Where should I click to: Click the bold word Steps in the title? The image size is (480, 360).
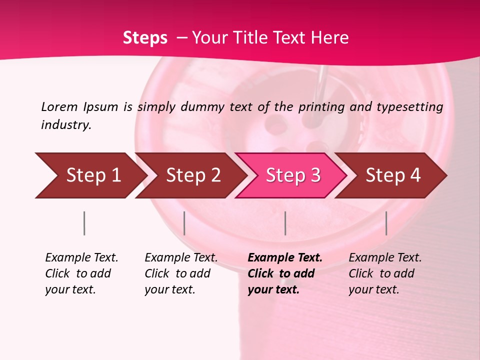[x=145, y=38]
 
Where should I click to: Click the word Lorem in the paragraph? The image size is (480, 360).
[x=59, y=106]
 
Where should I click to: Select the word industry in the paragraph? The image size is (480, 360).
[x=66, y=124]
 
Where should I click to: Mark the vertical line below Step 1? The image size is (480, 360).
[x=84, y=223]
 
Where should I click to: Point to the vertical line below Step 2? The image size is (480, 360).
[x=184, y=223]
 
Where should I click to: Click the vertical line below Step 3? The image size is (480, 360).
[x=285, y=223]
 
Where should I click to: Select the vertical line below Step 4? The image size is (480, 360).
[x=386, y=223]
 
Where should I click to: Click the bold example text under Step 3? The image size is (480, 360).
[x=285, y=273]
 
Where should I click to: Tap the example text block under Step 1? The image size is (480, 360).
[x=81, y=273]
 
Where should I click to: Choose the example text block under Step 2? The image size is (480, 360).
[x=181, y=273]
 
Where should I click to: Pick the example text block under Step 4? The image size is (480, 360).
[x=385, y=273]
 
